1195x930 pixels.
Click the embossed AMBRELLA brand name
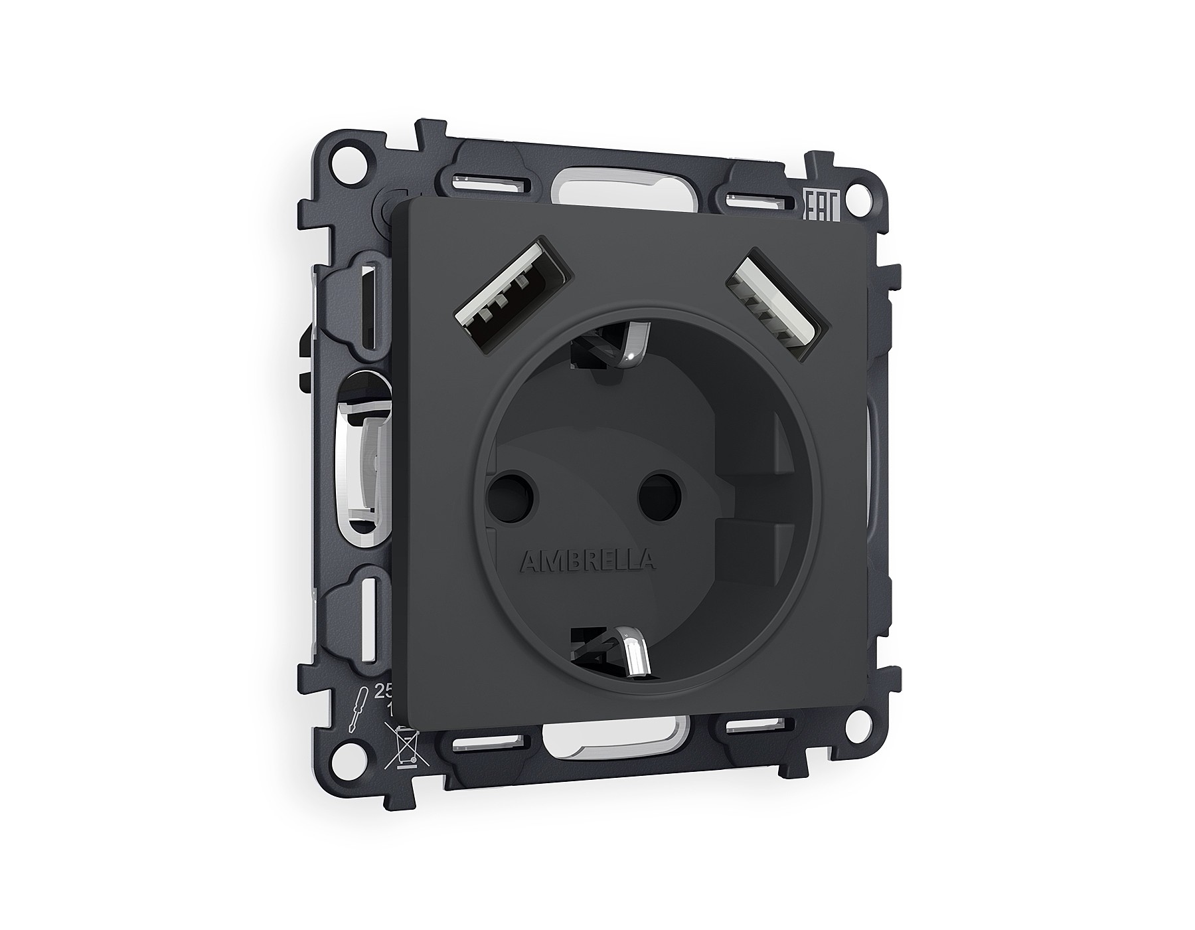[587, 561]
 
